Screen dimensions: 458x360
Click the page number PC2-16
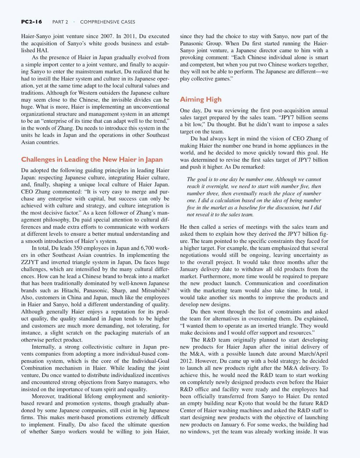click(x=31, y=22)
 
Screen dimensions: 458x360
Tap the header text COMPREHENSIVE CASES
click(x=107, y=22)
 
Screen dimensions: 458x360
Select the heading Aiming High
click(x=200, y=99)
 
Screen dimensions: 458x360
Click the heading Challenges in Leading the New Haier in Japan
click(x=92, y=160)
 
